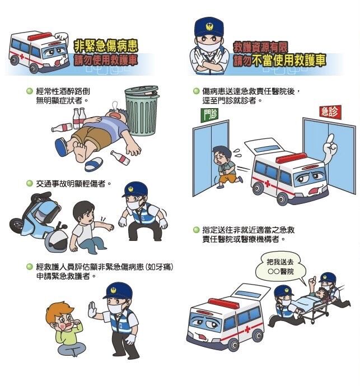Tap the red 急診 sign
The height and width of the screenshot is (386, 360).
pyautogui.click(x=329, y=111)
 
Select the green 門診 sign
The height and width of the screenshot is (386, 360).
pyautogui.click(x=209, y=115)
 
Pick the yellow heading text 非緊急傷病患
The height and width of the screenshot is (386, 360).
pyautogui.click(x=106, y=45)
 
